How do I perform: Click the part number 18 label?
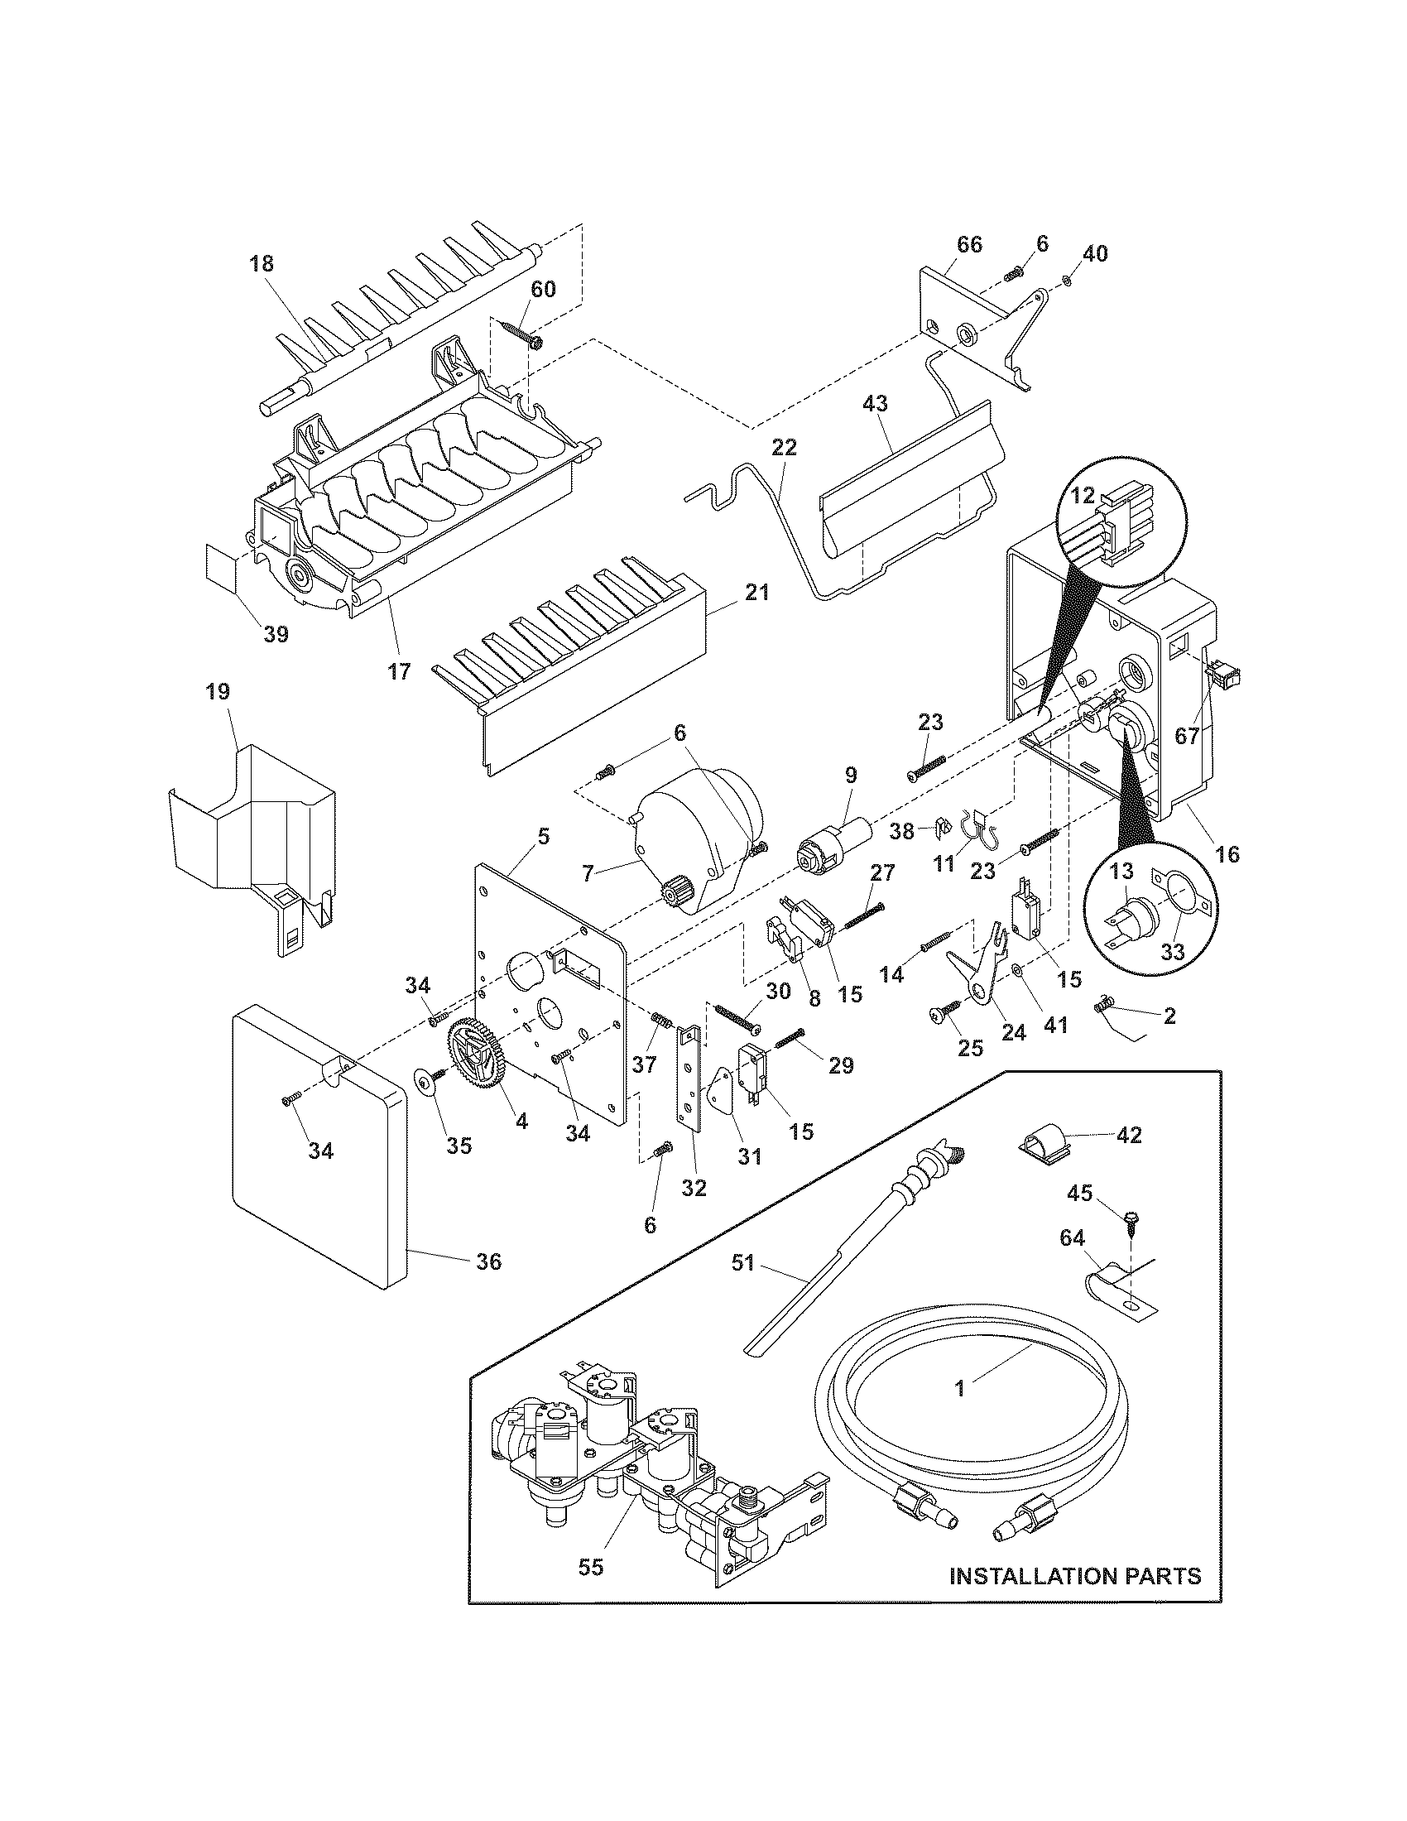pos(261,264)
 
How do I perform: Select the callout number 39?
pos(276,635)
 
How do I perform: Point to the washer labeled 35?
pos(427,1083)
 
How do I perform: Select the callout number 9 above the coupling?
pos(850,776)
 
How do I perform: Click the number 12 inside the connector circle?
pos(1082,495)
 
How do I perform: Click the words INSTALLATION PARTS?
pos(1075,1576)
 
